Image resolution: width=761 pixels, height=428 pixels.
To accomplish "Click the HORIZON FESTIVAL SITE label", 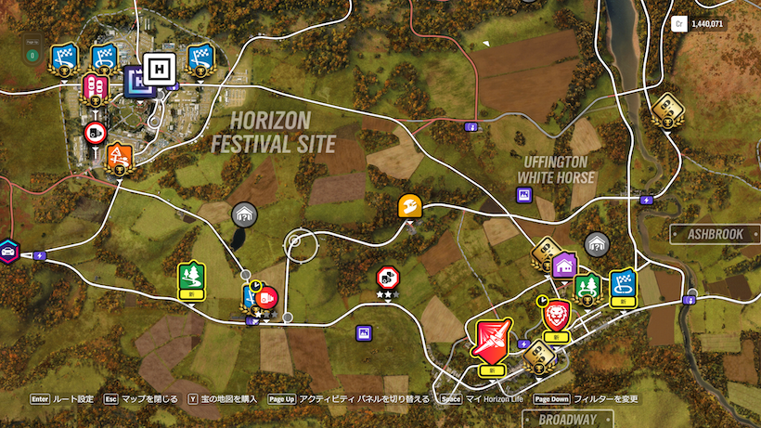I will tap(271, 132).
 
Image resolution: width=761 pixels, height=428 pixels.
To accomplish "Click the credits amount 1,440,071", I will tap(709, 24).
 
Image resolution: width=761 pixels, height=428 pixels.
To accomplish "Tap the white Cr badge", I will tap(679, 24).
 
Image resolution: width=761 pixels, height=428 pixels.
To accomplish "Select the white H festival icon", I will tap(159, 71).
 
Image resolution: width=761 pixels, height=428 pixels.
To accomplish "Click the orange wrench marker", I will tap(411, 205).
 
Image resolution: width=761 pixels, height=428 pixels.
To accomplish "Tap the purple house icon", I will tap(563, 266).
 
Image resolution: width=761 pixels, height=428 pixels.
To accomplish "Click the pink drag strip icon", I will tap(95, 86).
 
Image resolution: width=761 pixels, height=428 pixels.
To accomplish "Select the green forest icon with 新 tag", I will tap(190, 276).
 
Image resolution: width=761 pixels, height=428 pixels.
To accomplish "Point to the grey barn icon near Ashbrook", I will tap(596, 244).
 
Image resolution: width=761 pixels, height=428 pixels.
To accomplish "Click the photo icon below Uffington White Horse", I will tap(524, 193).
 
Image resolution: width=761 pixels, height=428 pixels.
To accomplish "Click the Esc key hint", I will tap(112, 399).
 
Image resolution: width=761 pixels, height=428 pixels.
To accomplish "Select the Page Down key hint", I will tap(550, 399).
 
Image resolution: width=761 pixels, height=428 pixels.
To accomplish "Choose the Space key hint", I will tap(451, 399).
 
